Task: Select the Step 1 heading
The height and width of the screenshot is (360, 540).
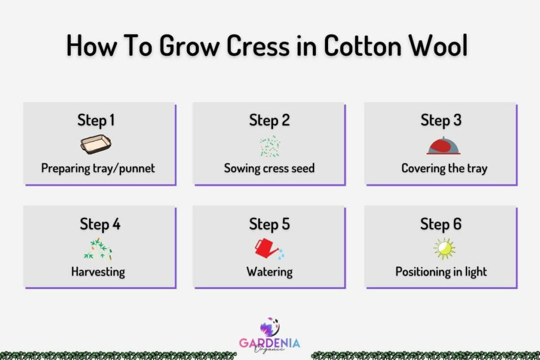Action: (96, 120)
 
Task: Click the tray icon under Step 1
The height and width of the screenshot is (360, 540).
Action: (97, 144)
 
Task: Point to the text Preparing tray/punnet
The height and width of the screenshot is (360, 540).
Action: (98, 169)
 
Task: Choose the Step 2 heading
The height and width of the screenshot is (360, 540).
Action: (269, 120)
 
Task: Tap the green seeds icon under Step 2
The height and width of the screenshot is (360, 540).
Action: (269, 146)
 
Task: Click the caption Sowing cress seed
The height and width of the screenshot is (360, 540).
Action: (269, 169)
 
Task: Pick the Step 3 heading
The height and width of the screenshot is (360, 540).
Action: (441, 120)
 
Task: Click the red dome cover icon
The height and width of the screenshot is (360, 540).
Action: (443, 145)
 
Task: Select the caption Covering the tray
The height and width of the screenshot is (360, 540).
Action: (444, 169)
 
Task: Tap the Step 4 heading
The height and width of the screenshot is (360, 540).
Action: (100, 224)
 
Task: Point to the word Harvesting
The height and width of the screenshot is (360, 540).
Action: (98, 272)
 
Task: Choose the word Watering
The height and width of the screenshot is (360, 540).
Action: (269, 272)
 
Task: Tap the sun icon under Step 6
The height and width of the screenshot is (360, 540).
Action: (444, 248)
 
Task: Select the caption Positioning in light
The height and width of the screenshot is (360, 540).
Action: (441, 272)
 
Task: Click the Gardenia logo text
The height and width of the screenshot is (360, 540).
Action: (269, 343)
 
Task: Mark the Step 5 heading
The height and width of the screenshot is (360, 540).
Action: (269, 224)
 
